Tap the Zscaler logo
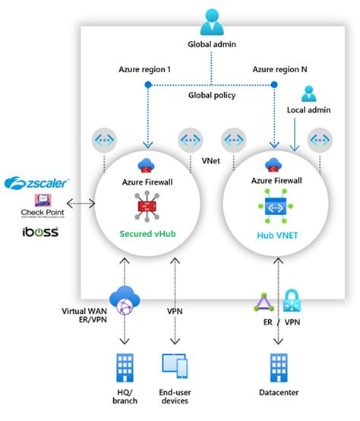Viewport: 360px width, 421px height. (37, 183)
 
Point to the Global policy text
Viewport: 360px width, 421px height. (211, 96)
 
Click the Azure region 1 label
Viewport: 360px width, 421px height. (145, 69)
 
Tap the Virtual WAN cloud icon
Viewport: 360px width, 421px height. (124, 301)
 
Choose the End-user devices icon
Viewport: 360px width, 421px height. (176, 367)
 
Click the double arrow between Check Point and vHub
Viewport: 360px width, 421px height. (81, 204)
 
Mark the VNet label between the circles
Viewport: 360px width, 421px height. (211, 162)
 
